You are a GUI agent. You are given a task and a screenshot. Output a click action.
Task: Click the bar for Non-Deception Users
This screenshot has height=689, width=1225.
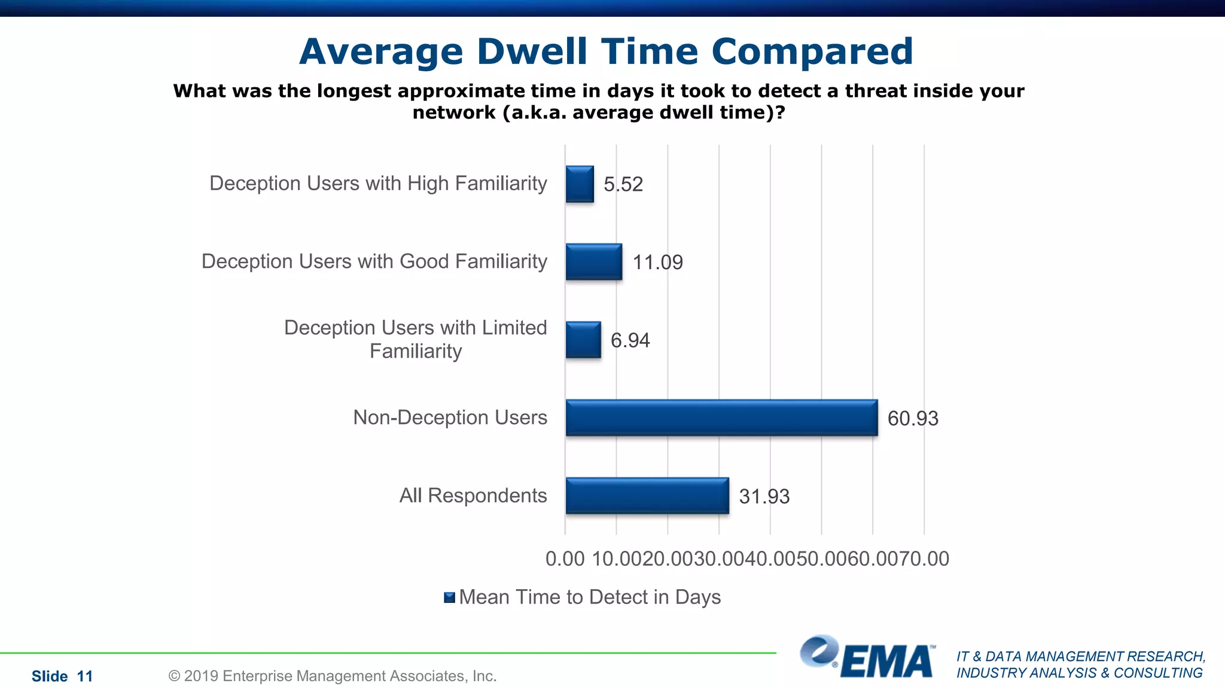721,417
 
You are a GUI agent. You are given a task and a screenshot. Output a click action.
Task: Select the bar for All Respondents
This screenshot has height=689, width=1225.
647,495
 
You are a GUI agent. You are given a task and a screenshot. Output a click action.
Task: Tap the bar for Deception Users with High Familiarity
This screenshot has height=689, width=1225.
580,184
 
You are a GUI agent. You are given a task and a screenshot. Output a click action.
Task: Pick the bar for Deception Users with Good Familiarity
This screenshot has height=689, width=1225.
594,261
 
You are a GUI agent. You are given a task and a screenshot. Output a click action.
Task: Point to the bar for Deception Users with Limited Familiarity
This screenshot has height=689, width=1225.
583,340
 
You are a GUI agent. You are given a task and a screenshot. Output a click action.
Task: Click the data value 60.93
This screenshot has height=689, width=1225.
913,418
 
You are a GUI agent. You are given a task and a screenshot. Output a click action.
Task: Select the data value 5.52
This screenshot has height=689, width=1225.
623,184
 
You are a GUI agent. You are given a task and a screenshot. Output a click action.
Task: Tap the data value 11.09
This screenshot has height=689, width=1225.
657,262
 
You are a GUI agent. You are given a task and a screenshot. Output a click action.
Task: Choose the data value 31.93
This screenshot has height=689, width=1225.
764,496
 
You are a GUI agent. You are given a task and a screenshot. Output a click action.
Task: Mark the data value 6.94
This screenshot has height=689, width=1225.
630,340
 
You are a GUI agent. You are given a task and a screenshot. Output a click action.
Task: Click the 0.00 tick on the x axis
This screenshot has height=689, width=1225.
565,559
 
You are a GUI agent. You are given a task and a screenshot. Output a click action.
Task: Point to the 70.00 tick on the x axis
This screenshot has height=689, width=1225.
925,559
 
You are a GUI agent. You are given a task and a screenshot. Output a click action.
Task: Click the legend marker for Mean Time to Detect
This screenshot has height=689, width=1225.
450,597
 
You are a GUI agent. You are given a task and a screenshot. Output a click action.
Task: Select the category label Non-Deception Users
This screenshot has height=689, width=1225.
450,417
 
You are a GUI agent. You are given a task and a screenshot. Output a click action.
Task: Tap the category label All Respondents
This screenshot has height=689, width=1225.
473,495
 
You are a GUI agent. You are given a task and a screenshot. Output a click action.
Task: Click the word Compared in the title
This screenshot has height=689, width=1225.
812,53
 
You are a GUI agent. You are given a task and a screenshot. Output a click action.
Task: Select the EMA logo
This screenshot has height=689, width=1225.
867,658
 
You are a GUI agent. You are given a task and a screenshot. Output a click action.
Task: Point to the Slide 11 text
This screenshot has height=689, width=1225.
62,676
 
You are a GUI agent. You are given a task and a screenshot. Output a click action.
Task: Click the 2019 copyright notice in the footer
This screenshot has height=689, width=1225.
333,676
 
